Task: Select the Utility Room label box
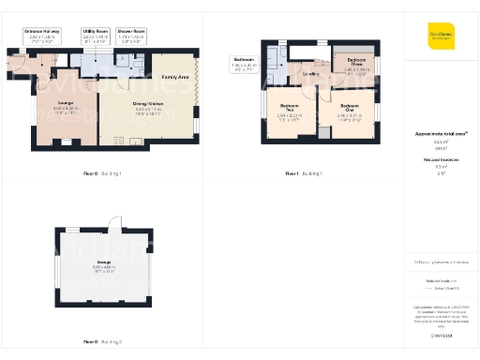click(95, 35)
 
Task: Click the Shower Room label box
click(130, 35)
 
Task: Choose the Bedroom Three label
click(355, 66)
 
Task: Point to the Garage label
click(103, 264)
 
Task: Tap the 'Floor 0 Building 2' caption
click(103, 341)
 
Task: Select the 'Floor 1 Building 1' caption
click(303, 173)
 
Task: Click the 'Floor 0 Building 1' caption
click(103, 173)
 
